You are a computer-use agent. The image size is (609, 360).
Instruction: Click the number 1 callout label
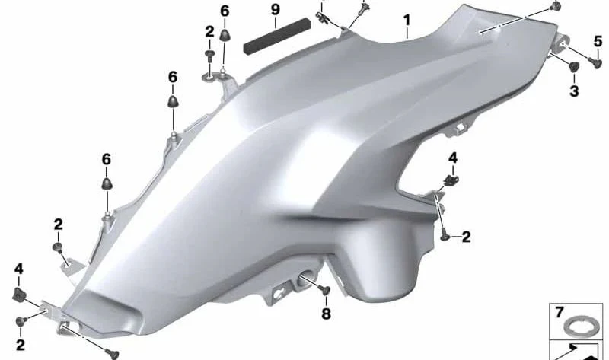click(x=407, y=21)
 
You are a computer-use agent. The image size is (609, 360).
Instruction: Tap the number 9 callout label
click(x=276, y=9)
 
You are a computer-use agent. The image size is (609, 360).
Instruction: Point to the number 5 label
click(x=598, y=41)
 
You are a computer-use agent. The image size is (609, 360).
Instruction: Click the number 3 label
click(x=574, y=91)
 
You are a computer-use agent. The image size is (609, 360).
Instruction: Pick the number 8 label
click(x=327, y=314)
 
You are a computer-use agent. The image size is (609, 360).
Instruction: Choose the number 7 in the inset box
click(x=560, y=312)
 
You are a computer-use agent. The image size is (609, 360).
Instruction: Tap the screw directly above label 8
click(x=325, y=290)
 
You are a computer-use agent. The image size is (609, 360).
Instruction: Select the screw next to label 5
click(x=595, y=62)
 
